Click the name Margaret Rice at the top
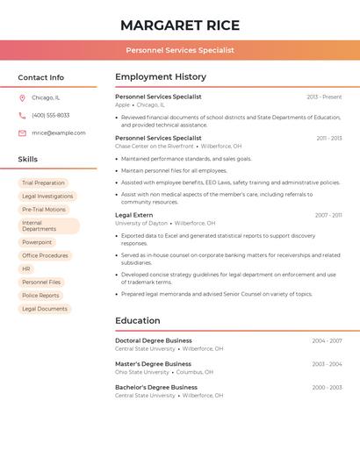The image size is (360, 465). (180, 25)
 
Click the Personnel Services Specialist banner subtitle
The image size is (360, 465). (180, 50)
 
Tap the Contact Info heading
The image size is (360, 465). (41, 77)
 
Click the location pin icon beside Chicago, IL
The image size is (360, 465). (22, 97)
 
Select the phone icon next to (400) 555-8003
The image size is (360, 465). (22, 115)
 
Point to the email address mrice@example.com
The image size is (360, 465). (59, 132)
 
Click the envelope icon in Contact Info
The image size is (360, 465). (22, 132)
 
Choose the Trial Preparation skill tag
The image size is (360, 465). (43, 183)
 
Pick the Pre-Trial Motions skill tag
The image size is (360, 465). (44, 210)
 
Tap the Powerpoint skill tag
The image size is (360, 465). (37, 242)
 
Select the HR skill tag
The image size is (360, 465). (26, 268)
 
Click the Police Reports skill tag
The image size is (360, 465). (40, 296)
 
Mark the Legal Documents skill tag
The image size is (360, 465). (45, 309)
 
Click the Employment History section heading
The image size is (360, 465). (161, 77)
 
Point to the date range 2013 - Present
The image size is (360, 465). (324, 97)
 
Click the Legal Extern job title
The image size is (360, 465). (133, 215)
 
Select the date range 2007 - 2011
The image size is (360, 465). (328, 215)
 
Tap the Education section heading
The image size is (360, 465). (138, 321)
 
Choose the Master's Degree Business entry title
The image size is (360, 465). (153, 363)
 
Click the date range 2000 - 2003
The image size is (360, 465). (327, 387)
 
